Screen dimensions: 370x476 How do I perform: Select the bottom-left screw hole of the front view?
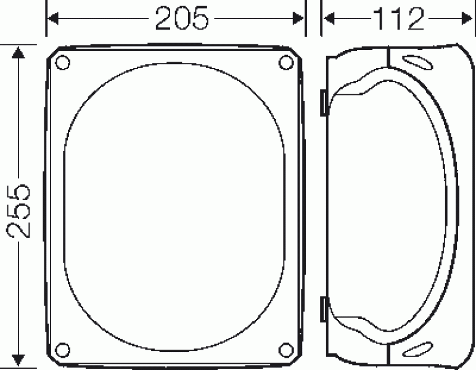62,350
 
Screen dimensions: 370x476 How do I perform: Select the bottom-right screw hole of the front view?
285,350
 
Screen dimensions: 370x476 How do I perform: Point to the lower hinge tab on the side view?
322,309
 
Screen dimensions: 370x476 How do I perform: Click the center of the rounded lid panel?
174,206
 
